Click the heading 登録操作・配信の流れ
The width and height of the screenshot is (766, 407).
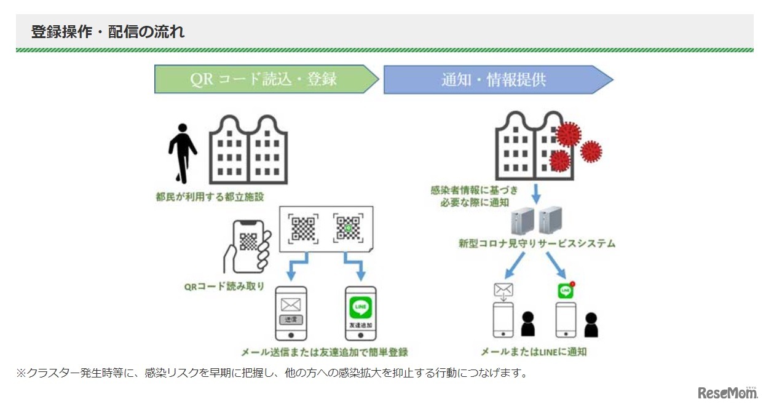point(108,32)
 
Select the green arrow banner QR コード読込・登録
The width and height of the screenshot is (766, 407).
point(266,79)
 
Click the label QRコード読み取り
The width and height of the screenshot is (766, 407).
point(224,286)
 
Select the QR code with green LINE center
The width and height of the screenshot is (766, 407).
point(347,229)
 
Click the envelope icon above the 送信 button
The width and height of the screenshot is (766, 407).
point(291,305)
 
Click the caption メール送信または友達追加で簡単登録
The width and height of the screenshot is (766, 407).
point(324,352)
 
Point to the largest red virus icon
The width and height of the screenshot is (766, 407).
point(568,134)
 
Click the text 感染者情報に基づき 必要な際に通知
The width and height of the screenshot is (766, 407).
point(474,196)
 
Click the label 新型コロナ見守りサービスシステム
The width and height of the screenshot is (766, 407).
point(537,243)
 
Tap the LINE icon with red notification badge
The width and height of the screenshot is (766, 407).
point(566,290)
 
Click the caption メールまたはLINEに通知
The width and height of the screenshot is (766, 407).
point(533,352)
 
